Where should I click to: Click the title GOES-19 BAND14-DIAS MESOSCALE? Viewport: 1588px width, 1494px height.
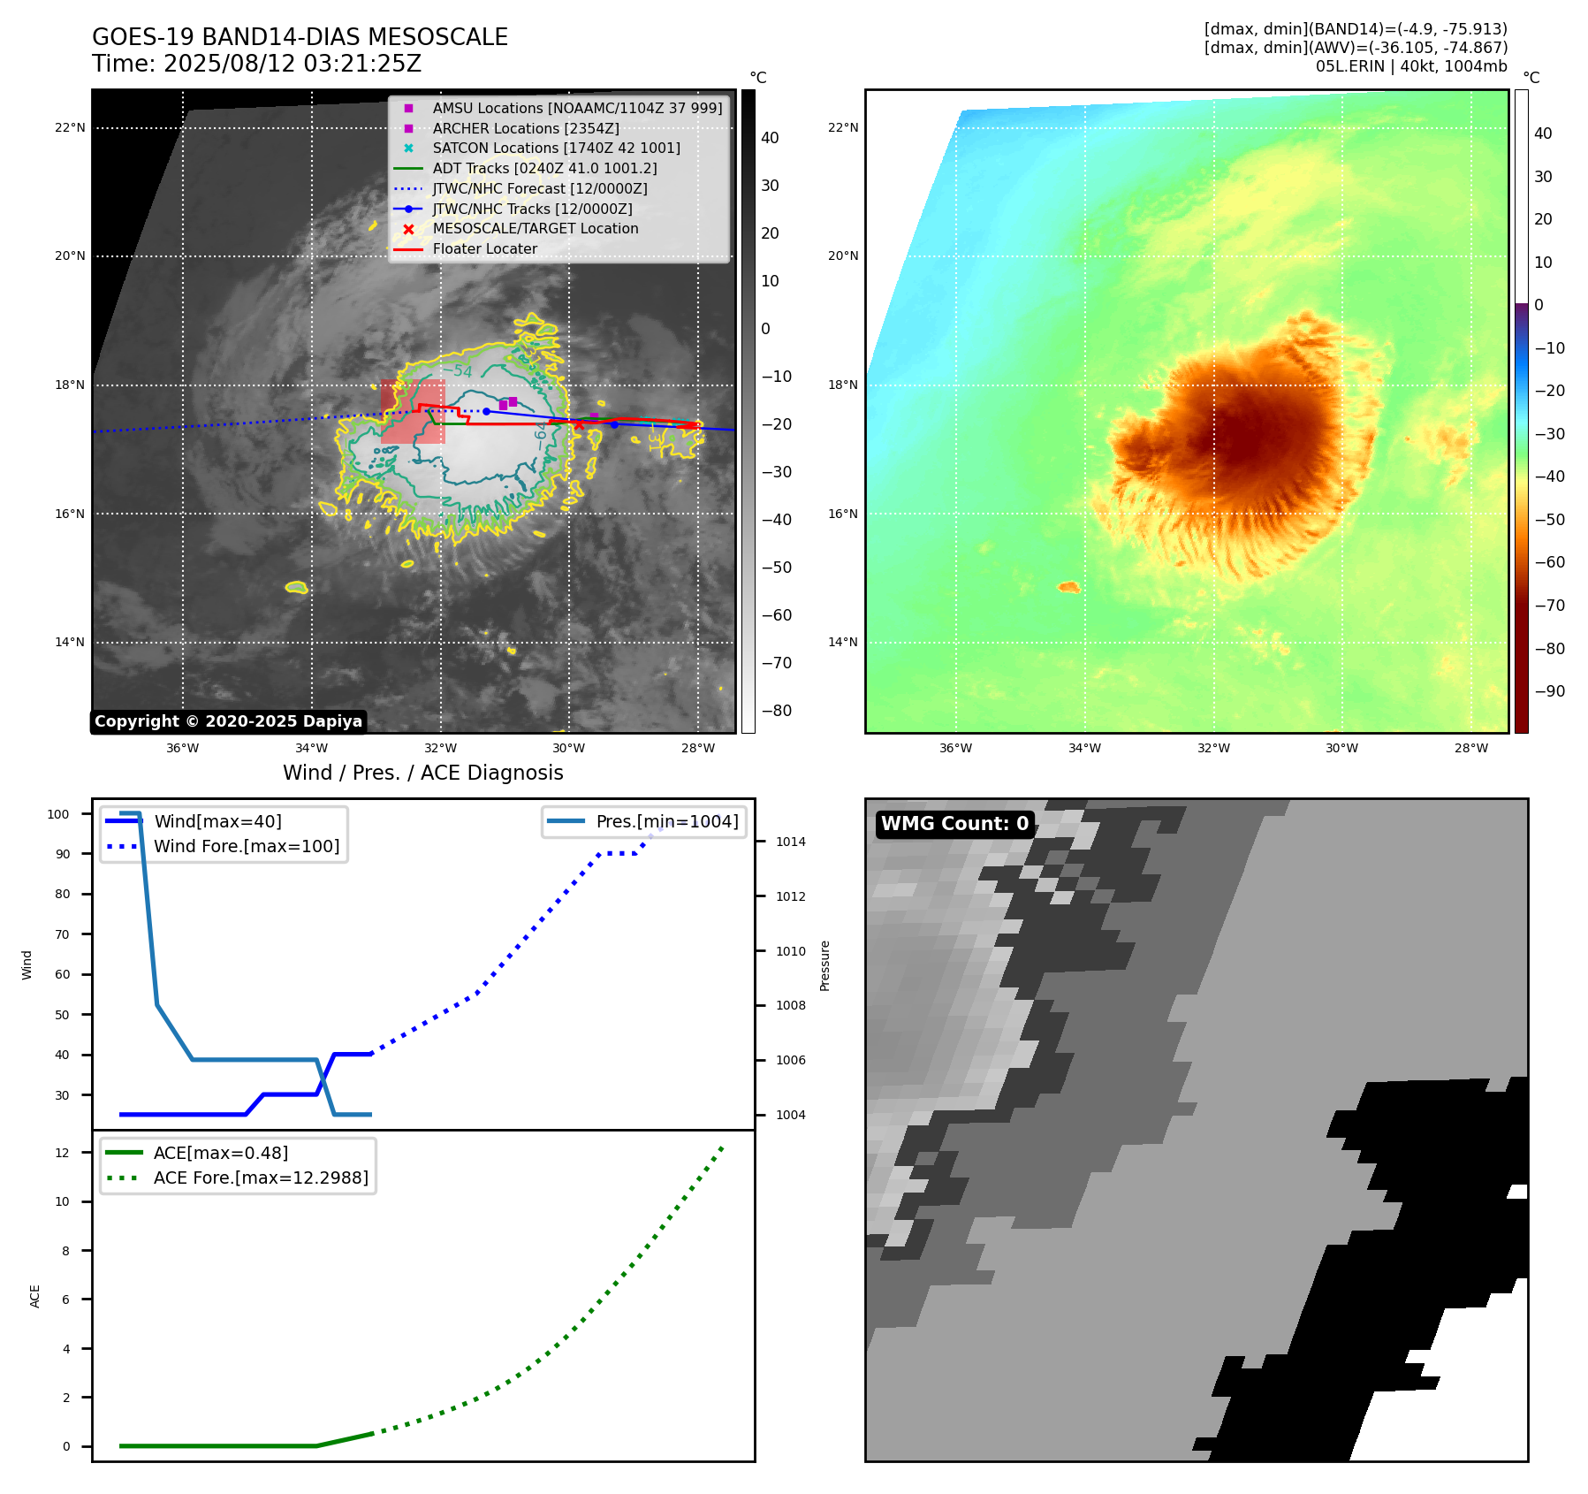[x=300, y=37]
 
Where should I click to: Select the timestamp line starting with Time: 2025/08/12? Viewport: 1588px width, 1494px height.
[x=256, y=64]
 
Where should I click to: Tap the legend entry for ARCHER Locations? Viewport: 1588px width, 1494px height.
[x=525, y=128]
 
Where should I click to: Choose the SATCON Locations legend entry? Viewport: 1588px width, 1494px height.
[x=556, y=148]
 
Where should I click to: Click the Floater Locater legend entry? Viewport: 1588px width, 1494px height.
[x=484, y=248]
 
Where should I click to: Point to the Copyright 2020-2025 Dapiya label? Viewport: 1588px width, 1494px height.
[x=228, y=721]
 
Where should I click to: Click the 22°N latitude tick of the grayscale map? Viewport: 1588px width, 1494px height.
[x=70, y=127]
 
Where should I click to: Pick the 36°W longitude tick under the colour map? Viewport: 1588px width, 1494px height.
[x=955, y=748]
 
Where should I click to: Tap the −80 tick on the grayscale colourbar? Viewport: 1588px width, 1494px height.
[x=777, y=711]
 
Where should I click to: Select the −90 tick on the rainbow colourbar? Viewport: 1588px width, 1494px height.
[x=1549, y=691]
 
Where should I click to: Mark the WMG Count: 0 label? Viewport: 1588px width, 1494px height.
[x=954, y=824]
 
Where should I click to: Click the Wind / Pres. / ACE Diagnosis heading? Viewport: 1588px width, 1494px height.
[x=422, y=773]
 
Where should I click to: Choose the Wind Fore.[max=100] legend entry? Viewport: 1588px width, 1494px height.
[x=247, y=846]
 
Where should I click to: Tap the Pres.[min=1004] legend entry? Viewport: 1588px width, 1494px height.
[x=666, y=821]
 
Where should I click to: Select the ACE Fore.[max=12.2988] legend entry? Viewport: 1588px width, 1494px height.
[x=261, y=1178]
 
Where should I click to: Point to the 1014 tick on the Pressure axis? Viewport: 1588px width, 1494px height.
[x=790, y=842]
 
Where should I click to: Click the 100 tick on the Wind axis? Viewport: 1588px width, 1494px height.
[x=58, y=814]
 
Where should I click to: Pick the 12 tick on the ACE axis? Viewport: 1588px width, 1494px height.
[x=62, y=1153]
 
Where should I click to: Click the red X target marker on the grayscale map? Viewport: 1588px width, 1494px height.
[x=579, y=425]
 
